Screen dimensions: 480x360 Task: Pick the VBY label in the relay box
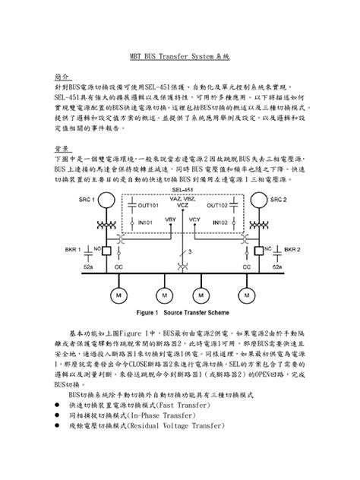pos(170,220)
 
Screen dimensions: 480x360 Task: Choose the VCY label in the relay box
pos(194,220)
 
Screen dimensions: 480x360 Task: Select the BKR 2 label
pos(292,248)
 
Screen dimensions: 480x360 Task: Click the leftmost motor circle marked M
pos(120,293)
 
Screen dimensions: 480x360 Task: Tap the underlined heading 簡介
pos(62,77)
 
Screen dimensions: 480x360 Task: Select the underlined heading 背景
pos(62,149)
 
